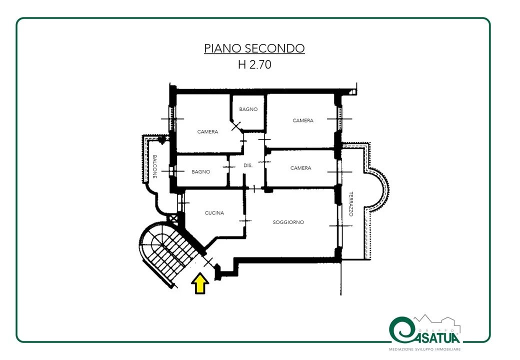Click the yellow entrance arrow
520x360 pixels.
(x=200, y=283)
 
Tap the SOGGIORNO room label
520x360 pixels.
(x=288, y=222)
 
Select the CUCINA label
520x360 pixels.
(x=214, y=213)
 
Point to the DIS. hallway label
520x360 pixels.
(x=247, y=165)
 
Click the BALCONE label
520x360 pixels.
(x=154, y=166)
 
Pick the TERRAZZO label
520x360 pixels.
(x=351, y=204)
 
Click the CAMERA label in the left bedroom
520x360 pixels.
(x=207, y=131)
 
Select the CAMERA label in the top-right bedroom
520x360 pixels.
(x=303, y=120)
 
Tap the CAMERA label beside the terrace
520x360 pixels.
(x=301, y=168)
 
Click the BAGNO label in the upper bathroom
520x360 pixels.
(x=248, y=109)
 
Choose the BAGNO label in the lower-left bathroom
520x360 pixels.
(x=200, y=171)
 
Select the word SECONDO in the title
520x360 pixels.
(x=275, y=48)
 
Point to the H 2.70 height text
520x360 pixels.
(x=254, y=64)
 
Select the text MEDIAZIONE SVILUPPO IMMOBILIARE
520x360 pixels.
(x=424, y=349)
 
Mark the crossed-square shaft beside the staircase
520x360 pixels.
(x=173, y=218)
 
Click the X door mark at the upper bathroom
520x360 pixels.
(x=236, y=126)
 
